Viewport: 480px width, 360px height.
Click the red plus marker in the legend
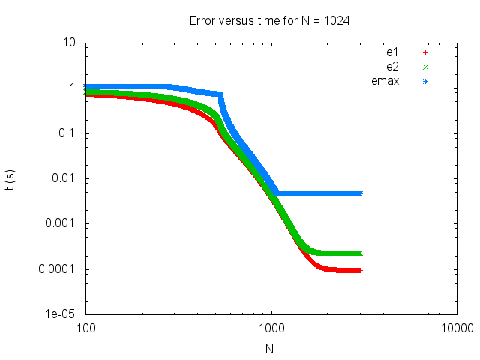coord(425,52)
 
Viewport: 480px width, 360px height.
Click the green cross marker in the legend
coord(425,67)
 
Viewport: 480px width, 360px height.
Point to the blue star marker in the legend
coord(425,81)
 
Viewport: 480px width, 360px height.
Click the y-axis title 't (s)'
coord(10,178)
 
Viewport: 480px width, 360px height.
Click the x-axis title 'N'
coord(270,349)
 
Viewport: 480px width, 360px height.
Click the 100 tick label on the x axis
coord(85,328)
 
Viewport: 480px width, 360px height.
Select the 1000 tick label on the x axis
coord(271,328)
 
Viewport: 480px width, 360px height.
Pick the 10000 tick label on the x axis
coord(456,328)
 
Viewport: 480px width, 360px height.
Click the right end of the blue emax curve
coord(360,193)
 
